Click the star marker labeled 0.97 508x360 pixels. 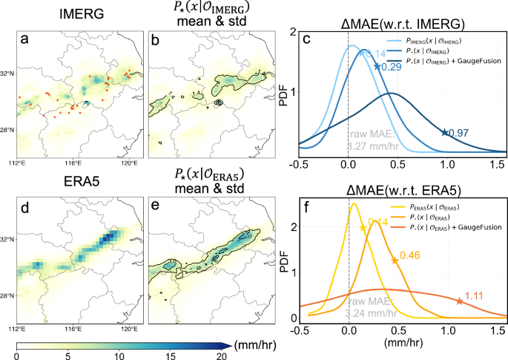pos(444,132)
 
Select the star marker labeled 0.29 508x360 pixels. pos(377,66)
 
